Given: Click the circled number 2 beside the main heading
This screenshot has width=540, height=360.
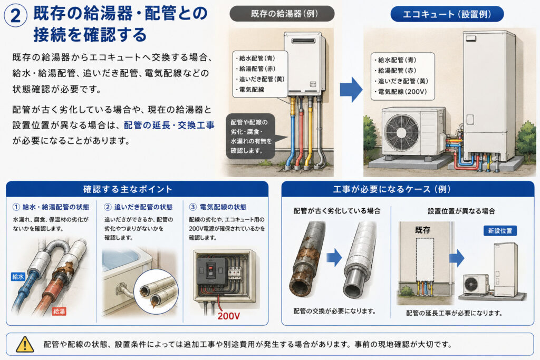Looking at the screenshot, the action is point(15,16).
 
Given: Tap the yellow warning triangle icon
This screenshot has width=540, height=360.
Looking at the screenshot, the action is point(25,344).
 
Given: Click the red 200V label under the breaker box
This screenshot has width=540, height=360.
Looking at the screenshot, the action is point(229,316).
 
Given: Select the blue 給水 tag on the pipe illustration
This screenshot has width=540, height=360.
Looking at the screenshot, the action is point(18,276).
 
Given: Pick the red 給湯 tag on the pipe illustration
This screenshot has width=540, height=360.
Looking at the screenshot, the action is point(59,312).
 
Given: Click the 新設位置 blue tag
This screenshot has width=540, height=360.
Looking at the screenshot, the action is point(500,230).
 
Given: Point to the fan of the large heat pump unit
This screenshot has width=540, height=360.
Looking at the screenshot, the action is point(402,132).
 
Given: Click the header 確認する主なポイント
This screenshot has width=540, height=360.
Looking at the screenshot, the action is point(128,189).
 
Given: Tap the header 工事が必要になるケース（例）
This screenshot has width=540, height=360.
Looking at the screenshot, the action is point(392,189).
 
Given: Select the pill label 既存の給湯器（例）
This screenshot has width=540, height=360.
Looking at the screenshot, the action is point(282,14).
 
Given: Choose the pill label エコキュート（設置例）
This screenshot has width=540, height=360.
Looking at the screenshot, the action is point(447,14).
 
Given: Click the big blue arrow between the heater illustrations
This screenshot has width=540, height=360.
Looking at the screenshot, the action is point(351,90).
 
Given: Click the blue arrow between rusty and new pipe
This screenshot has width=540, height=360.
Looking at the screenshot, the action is point(334,257).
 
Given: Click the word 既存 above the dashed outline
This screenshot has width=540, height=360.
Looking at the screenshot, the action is point(422,230).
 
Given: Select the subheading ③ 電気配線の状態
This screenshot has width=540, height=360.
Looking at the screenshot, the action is point(218,207).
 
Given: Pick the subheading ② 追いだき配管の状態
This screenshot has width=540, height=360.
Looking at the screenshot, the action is point(138,207).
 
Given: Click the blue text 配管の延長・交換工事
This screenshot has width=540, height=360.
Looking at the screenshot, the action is point(169,125).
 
